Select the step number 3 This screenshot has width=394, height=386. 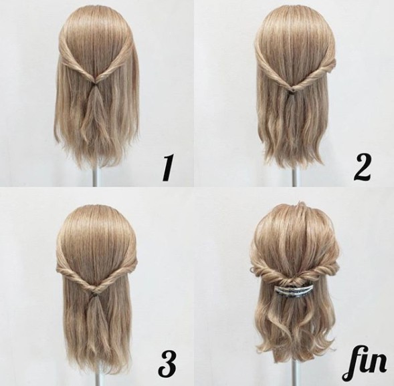click(x=167, y=361)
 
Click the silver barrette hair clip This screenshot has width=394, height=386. click(x=294, y=290)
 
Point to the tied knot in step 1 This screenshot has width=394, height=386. click(x=96, y=82)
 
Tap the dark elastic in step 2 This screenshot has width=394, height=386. click(x=291, y=93)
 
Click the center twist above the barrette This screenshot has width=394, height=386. click(x=294, y=280)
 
